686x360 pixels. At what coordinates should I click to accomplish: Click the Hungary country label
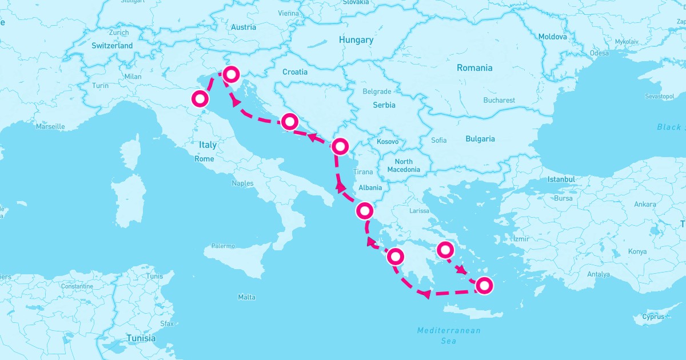(x=356, y=40)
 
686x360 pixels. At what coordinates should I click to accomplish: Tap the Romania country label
(x=474, y=68)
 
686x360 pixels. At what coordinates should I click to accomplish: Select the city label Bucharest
(x=498, y=100)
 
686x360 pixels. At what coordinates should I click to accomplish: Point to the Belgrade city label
(x=377, y=91)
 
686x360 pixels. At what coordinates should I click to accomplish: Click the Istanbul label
(x=561, y=179)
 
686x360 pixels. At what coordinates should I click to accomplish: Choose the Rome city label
(x=204, y=159)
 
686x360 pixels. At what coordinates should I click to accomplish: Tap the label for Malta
(x=246, y=297)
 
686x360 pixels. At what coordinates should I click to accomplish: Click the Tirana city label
(x=363, y=172)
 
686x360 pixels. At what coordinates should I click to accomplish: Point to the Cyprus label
(x=653, y=317)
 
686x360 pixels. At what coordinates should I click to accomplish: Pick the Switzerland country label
(x=112, y=46)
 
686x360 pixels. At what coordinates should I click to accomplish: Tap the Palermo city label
(x=223, y=246)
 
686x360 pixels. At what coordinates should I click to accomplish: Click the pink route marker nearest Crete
(x=484, y=285)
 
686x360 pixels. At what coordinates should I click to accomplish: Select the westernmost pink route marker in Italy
(x=200, y=99)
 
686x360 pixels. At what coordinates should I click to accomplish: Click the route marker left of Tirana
(x=340, y=146)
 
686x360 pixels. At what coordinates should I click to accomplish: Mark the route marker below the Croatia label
(x=289, y=121)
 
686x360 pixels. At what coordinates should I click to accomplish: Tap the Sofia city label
(x=439, y=140)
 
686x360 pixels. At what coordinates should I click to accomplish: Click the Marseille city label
(x=50, y=126)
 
